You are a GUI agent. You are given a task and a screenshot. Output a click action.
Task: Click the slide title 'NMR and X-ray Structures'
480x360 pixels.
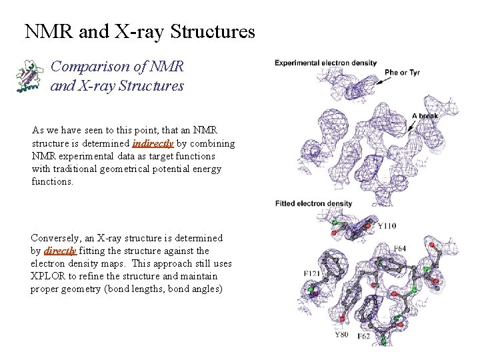(x=139, y=31)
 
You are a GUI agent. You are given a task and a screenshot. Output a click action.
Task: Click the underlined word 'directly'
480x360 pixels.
(x=59, y=251)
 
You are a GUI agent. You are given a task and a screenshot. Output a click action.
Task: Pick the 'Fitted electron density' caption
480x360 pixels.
(x=313, y=203)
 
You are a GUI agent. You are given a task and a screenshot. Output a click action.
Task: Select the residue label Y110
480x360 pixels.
(x=387, y=226)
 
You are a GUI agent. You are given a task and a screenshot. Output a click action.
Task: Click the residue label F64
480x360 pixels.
(x=400, y=249)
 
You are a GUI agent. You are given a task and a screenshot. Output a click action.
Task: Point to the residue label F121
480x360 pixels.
(x=311, y=274)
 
